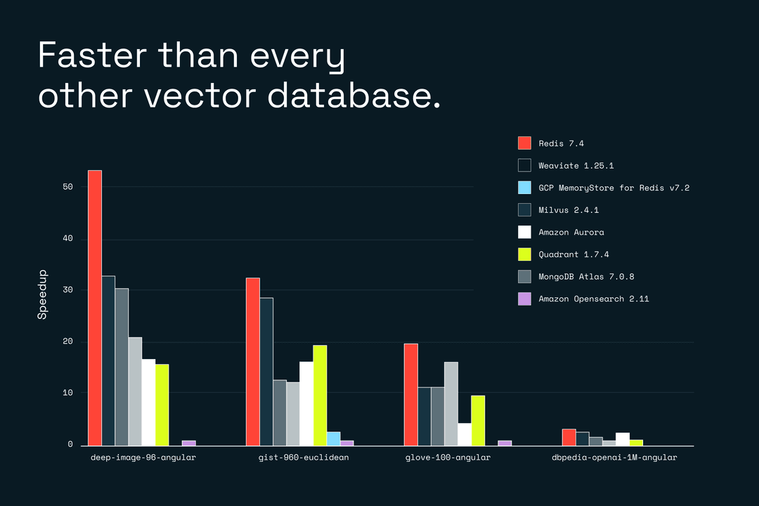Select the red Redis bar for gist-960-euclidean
coord(252,361)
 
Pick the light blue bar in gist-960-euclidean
coord(333,439)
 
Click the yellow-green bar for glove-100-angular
coord(478,420)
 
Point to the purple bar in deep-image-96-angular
coord(188,443)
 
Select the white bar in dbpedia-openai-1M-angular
coord(622,439)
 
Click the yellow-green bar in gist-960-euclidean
coord(320,395)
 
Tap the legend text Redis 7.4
coord(562,143)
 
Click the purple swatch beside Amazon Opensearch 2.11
coord(524,299)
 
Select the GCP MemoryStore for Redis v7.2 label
coord(614,188)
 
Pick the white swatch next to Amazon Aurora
coord(524,232)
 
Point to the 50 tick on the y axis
coord(67,187)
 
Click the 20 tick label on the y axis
coord(67,342)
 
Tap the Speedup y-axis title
coord(42,294)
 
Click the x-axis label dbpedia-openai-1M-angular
coord(614,458)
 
